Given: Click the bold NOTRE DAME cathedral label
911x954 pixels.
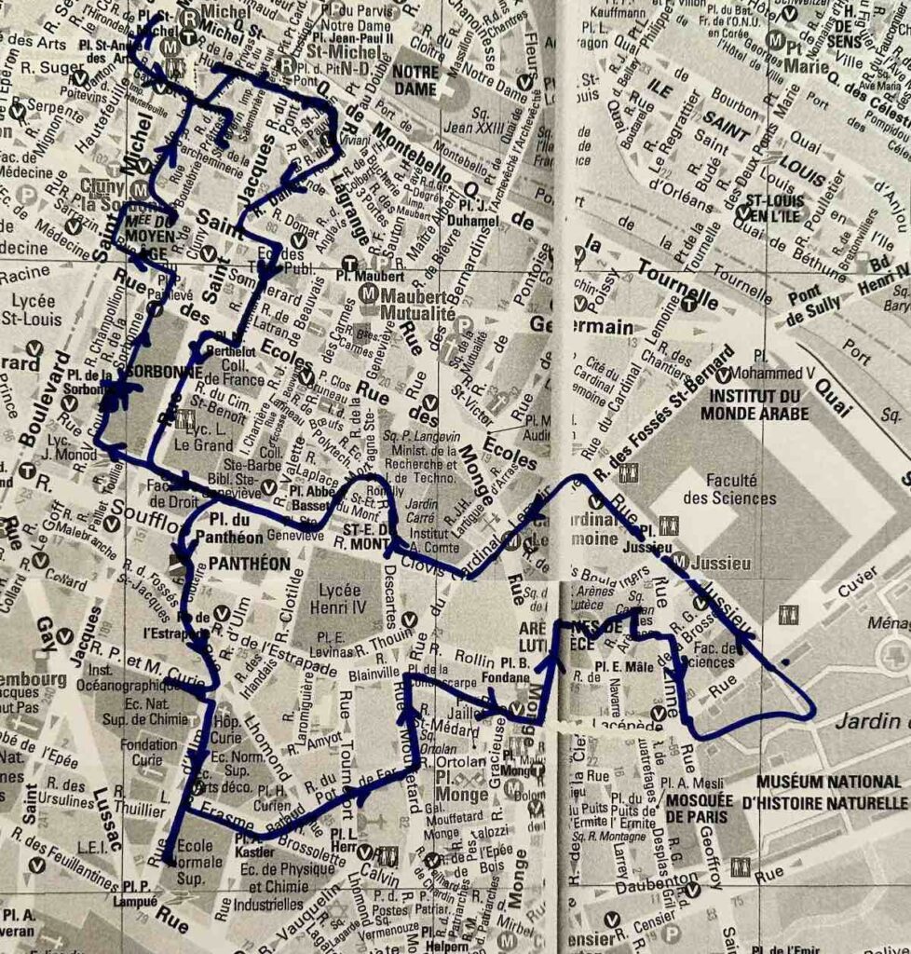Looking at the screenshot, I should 415,80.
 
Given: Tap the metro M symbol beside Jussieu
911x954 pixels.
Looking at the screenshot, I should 680,561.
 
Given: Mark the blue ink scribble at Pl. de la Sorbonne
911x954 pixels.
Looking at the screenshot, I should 113,395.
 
